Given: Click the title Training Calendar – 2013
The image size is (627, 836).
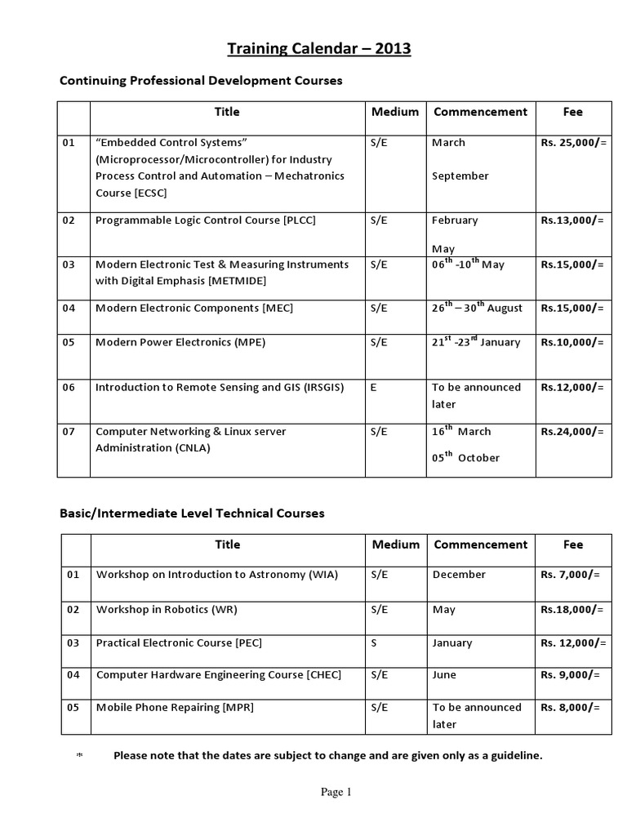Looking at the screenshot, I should tap(318, 50).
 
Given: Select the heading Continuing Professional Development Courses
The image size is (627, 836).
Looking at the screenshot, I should tap(201, 81).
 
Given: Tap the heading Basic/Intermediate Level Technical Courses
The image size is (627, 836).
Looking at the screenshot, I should tap(192, 514).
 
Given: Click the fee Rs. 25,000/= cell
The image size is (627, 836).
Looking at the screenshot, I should tap(574, 143).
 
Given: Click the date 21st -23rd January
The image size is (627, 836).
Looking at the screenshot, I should tap(476, 342).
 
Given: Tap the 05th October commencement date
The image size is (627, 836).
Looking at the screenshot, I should tap(465, 458).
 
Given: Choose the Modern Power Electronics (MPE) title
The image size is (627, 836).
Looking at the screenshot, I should tap(180, 343).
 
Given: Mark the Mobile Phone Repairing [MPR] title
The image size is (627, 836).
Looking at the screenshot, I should tap(175, 708).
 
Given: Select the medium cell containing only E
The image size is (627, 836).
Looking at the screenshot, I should tap(374, 388).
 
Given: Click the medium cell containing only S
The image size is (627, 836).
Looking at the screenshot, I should tap(374, 643).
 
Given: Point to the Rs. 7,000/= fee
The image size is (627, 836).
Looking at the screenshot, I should tap(570, 575).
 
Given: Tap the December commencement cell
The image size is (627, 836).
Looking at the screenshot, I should tap(459, 575).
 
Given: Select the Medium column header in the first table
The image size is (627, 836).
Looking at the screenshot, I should tap(395, 112).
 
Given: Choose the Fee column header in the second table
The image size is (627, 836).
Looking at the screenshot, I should tap(574, 545).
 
